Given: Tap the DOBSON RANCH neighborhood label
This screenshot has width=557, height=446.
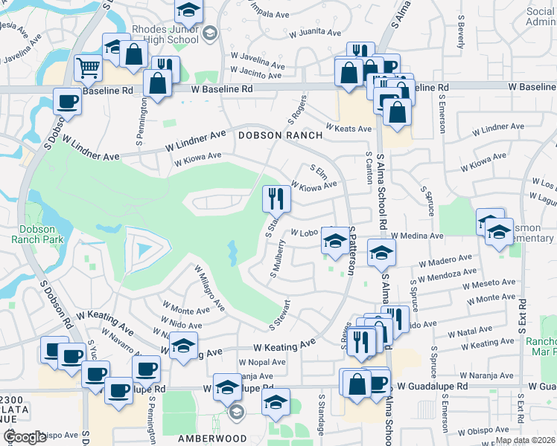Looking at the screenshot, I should coord(280,135).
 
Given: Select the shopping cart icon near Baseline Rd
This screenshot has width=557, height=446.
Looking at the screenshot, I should coord(89,68).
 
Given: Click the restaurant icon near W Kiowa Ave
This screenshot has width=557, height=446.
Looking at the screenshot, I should coord(276,198).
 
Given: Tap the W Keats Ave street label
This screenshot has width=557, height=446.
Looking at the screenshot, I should coord(347,129).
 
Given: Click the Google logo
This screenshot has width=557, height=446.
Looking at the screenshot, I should coord(24,437).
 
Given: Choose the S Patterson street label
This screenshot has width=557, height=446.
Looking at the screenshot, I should coord(350,253).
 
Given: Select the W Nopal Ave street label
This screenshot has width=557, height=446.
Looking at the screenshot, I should coord(262,362).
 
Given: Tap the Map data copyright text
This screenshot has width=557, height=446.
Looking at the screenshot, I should coord(526,440).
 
